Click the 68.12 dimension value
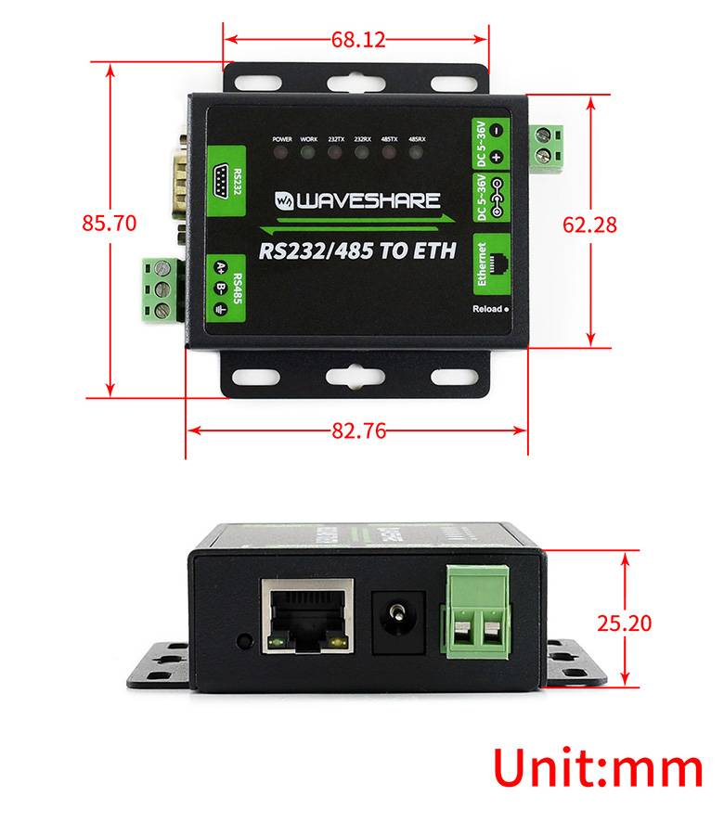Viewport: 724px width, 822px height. pos(357,39)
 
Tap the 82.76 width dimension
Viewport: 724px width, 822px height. pos(358,430)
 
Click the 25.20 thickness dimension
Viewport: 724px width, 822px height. pos(624,622)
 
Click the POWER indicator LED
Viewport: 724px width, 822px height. pos(281,151)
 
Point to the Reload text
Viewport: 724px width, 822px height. pos(487,309)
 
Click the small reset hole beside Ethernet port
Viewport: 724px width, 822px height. pos(244,640)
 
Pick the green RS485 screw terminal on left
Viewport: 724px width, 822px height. pos(162,291)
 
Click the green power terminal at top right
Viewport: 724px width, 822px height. pos(551,147)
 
